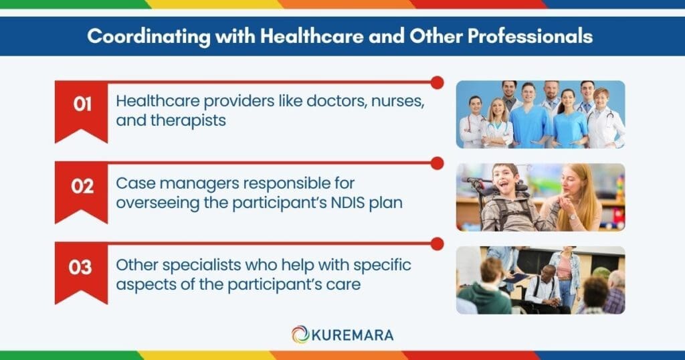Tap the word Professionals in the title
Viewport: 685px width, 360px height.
[x=525, y=36]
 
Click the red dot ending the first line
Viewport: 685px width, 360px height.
[x=437, y=82]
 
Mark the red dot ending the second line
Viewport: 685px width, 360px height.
[x=437, y=163]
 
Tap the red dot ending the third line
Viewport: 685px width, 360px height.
[x=437, y=243]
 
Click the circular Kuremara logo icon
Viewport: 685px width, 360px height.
[x=300, y=334]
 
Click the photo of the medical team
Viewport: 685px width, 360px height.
[x=541, y=114]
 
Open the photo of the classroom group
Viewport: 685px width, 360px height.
[x=541, y=280]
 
